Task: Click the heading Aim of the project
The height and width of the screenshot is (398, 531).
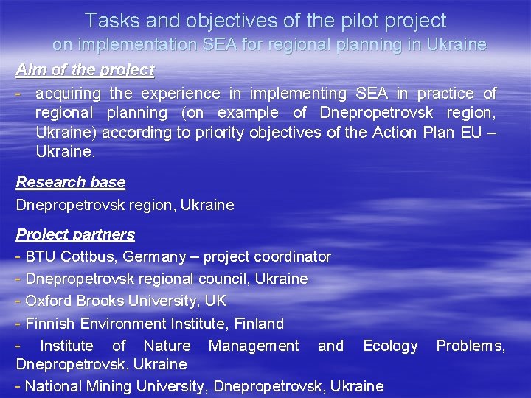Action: click(x=85, y=70)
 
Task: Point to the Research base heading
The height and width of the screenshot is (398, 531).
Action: click(x=71, y=182)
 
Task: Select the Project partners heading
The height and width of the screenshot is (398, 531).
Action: click(x=75, y=234)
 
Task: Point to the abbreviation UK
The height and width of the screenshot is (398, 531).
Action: click(x=216, y=301)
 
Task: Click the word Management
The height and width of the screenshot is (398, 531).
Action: click(x=254, y=346)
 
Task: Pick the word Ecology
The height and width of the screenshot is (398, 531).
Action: click(x=390, y=346)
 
